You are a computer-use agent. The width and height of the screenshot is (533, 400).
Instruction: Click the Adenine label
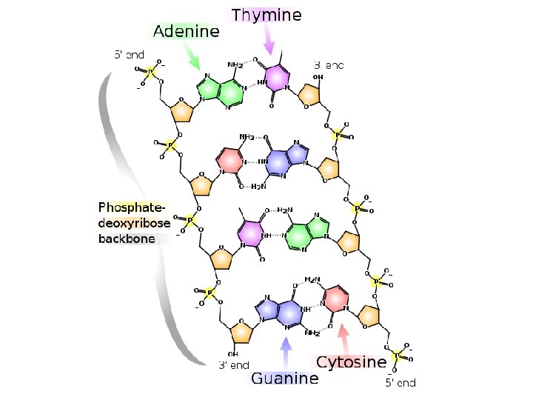point(186,32)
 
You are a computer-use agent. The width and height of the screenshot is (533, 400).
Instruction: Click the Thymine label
point(266,15)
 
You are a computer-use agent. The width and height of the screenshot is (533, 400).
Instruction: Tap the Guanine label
point(284,379)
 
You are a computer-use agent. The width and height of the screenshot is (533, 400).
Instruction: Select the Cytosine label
point(351,362)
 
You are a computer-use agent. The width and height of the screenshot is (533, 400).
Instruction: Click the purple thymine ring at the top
point(277,77)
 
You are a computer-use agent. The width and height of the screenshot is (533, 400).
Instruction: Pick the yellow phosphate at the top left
point(150,72)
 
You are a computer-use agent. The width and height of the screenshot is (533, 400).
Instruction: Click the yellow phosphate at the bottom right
point(398,356)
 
